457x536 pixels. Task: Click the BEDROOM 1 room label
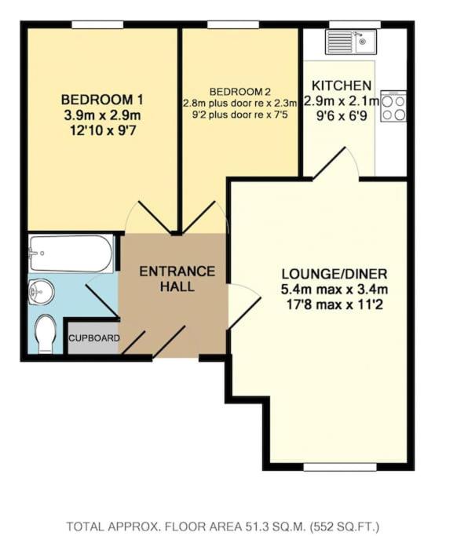pyautogui.click(x=102, y=100)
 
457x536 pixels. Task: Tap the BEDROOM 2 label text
pyautogui.click(x=240, y=92)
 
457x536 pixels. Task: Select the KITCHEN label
pyautogui.click(x=342, y=85)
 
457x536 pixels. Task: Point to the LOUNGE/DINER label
pyautogui.click(x=335, y=274)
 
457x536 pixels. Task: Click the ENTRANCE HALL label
pyautogui.click(x=177, y=279)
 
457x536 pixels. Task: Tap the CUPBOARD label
pyautogui.click(x=94, y=338)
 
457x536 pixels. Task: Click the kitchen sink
pyautogui.click(x=351, y=42)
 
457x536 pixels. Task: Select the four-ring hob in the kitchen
pyautogui.click(x=393, y=106)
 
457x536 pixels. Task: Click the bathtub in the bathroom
pyautogui.click(x=71, y=253)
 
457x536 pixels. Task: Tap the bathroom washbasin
pyautogui.click(x=41, y=291)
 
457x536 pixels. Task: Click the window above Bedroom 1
pyautogui.click(x=97, y=24)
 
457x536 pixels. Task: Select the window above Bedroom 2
pyautogui.click(x=233, y=24)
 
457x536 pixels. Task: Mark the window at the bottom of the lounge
pyautogui.click(x=340, y=467)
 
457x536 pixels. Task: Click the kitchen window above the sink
pyautogui.click(x=355, y=24)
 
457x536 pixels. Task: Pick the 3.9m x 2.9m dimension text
pyautogui.click(x=102, y=115)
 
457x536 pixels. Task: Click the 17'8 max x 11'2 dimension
pyautogui.click(x=335, y=304)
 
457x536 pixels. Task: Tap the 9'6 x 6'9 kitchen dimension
pyautogui.click(x=342, y=116)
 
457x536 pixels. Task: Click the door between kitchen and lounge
pyautogui.click(x=335, y=163)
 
